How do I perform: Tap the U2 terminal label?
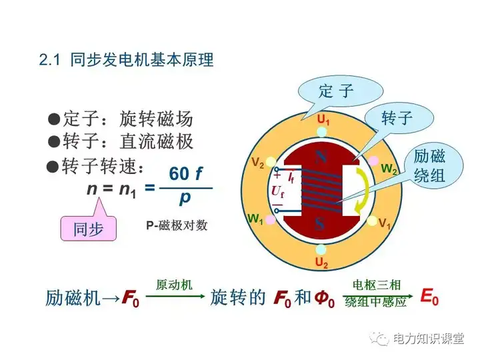(322, 264)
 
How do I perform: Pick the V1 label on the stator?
(385, 223)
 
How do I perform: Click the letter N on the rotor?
(321, 157)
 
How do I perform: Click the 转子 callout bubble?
(397, 119)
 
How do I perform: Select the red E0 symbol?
(429, 297)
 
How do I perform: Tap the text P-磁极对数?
(177, 225)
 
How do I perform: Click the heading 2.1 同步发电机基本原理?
(126, 60)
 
